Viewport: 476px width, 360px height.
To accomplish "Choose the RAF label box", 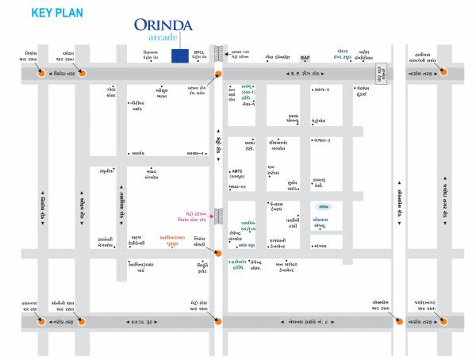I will pyautogui.click(x=305, y=58).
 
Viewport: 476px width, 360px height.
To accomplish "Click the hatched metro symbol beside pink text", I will pyautogui.click(x=219, y=216).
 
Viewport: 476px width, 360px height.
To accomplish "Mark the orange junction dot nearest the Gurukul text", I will pyautogui.click(x=217, y=253).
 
